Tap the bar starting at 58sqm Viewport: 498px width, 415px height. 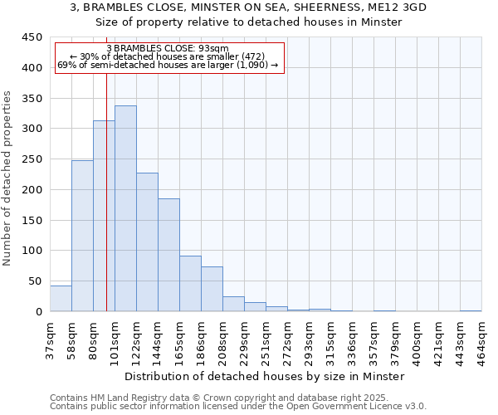click(82, 236)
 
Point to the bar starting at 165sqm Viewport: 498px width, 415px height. click(190, 284)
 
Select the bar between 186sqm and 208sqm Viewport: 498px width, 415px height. click(212, 289)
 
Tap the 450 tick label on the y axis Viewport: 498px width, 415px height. click(32, 38)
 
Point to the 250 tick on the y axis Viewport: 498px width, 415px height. click(32, 159)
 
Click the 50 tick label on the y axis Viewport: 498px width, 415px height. click(36, 281)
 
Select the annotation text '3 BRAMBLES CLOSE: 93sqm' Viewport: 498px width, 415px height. click(168, 49)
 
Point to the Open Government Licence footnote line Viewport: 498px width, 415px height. click(238, 406)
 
